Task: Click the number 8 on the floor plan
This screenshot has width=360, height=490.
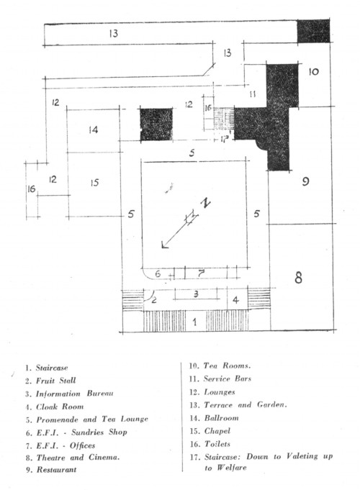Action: [298, 277]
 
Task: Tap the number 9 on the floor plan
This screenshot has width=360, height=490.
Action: [305, 181]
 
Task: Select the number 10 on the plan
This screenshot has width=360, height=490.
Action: [313, 72]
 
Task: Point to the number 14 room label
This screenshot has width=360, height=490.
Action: [93, 130]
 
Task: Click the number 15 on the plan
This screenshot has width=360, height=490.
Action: [94, 183]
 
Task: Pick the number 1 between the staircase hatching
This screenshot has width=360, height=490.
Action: [195, 322]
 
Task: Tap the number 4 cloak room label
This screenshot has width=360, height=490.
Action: [235, 300]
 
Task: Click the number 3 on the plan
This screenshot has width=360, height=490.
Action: [196, 294]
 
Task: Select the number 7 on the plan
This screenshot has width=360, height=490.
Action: [201, 273]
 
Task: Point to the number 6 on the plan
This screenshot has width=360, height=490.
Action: [158, 273]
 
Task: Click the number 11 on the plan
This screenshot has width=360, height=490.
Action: [253, 94]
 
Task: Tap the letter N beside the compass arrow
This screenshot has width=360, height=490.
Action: [205, 204]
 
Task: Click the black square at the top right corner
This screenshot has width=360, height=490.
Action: [313, 31]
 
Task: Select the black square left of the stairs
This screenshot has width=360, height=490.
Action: [156, 124]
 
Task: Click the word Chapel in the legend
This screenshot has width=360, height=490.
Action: [217, 431]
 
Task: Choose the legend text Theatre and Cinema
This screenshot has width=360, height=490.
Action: [78, 458]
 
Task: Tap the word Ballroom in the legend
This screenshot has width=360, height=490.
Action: [221, 418]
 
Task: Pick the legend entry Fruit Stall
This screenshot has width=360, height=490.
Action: [55, 381]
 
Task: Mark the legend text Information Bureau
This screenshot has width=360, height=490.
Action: [74, 394]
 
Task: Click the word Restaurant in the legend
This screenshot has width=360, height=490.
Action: [56, 469]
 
